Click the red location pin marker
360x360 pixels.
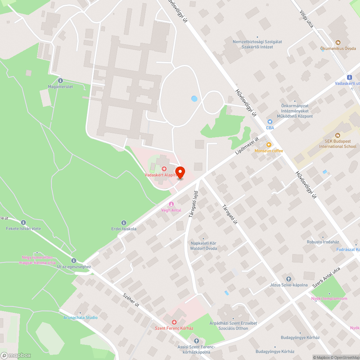tap(180, 172)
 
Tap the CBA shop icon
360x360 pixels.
tap(270, 122)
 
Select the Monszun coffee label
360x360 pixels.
tap(269, 151)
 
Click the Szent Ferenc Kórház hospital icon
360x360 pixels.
tap(174, 322)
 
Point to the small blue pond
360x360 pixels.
tap(194, 98)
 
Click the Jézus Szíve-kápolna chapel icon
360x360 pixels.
tap(288, 279)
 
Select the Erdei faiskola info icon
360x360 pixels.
tap(123, 223)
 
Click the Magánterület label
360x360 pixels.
tap(60, 86)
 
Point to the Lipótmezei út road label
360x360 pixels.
tap(247, 147)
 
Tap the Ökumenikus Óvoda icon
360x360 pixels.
tap(338, 42)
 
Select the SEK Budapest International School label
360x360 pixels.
tap(338, 144)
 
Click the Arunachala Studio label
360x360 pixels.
tap(81, 318)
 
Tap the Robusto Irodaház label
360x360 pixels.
tap(322, 242)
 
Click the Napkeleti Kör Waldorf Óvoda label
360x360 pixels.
tap(204, 246)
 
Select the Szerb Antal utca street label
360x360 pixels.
tap(326, 279)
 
